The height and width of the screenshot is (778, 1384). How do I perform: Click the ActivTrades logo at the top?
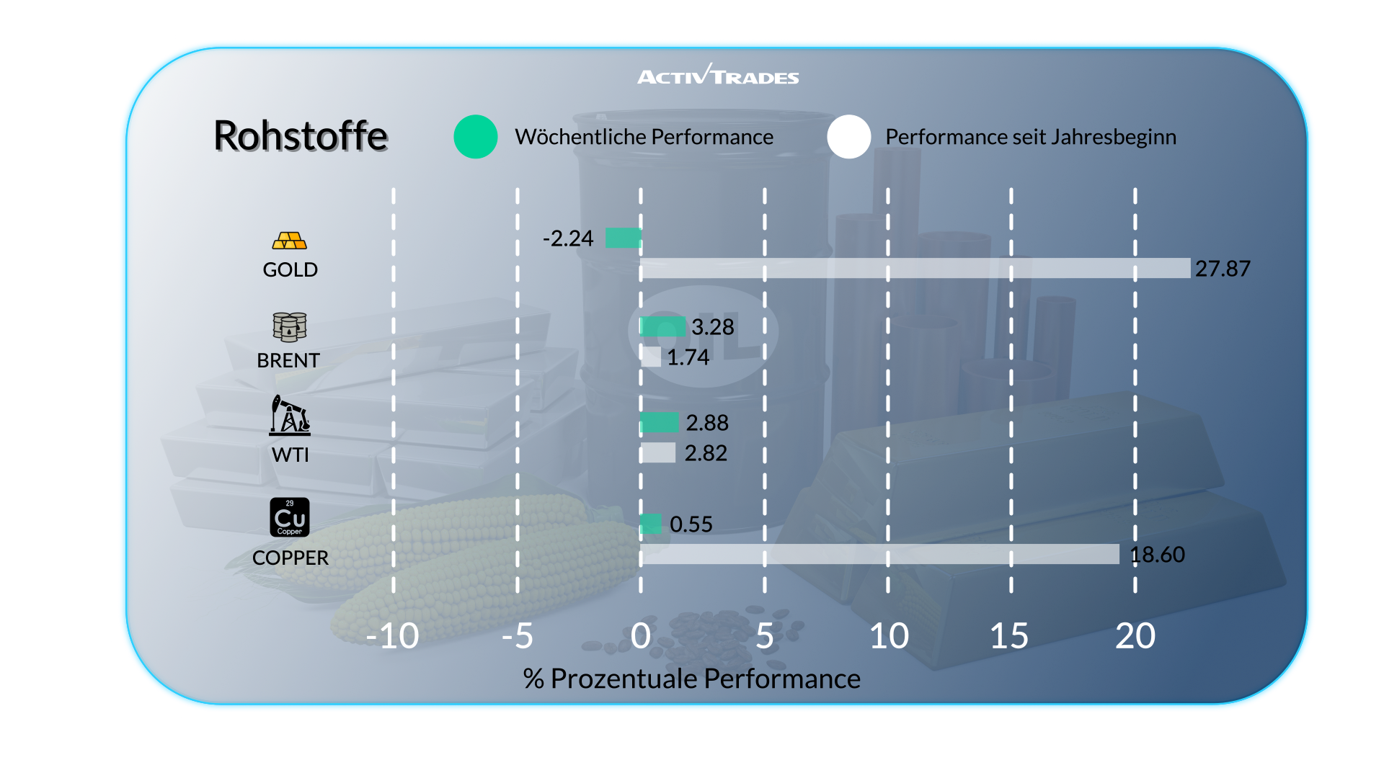[718, 76]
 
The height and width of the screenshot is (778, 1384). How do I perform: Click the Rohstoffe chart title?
[301, 135]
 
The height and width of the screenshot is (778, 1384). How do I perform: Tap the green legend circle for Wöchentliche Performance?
[476, 137]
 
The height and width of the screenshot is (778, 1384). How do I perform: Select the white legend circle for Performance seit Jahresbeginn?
[849, 137]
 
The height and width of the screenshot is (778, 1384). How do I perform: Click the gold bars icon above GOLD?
[290, 241]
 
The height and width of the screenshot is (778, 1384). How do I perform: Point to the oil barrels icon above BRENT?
[290, 327]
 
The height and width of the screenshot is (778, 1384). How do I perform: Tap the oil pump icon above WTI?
[290, 416]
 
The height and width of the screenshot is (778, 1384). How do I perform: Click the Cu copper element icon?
[290, 517]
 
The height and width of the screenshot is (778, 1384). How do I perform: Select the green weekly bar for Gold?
[623, 238]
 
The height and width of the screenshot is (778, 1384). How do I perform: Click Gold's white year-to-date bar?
[915, 268]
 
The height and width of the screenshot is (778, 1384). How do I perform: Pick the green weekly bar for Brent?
[662, 326]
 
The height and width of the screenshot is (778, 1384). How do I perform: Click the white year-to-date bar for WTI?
[658, 452]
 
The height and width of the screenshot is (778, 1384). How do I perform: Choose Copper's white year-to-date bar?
[879, 554]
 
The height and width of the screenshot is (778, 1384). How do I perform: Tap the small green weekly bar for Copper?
[651, 524]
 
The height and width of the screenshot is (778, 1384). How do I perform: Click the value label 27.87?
[1223, 269]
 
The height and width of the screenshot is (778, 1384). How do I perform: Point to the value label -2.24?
[568, 238]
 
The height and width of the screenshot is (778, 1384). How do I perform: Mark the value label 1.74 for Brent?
[688, 357]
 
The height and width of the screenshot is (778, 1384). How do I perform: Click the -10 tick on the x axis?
[392, 636]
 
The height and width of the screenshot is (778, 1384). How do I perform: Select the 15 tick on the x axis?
[1009, 636]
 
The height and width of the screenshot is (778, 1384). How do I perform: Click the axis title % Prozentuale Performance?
[692, 679]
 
